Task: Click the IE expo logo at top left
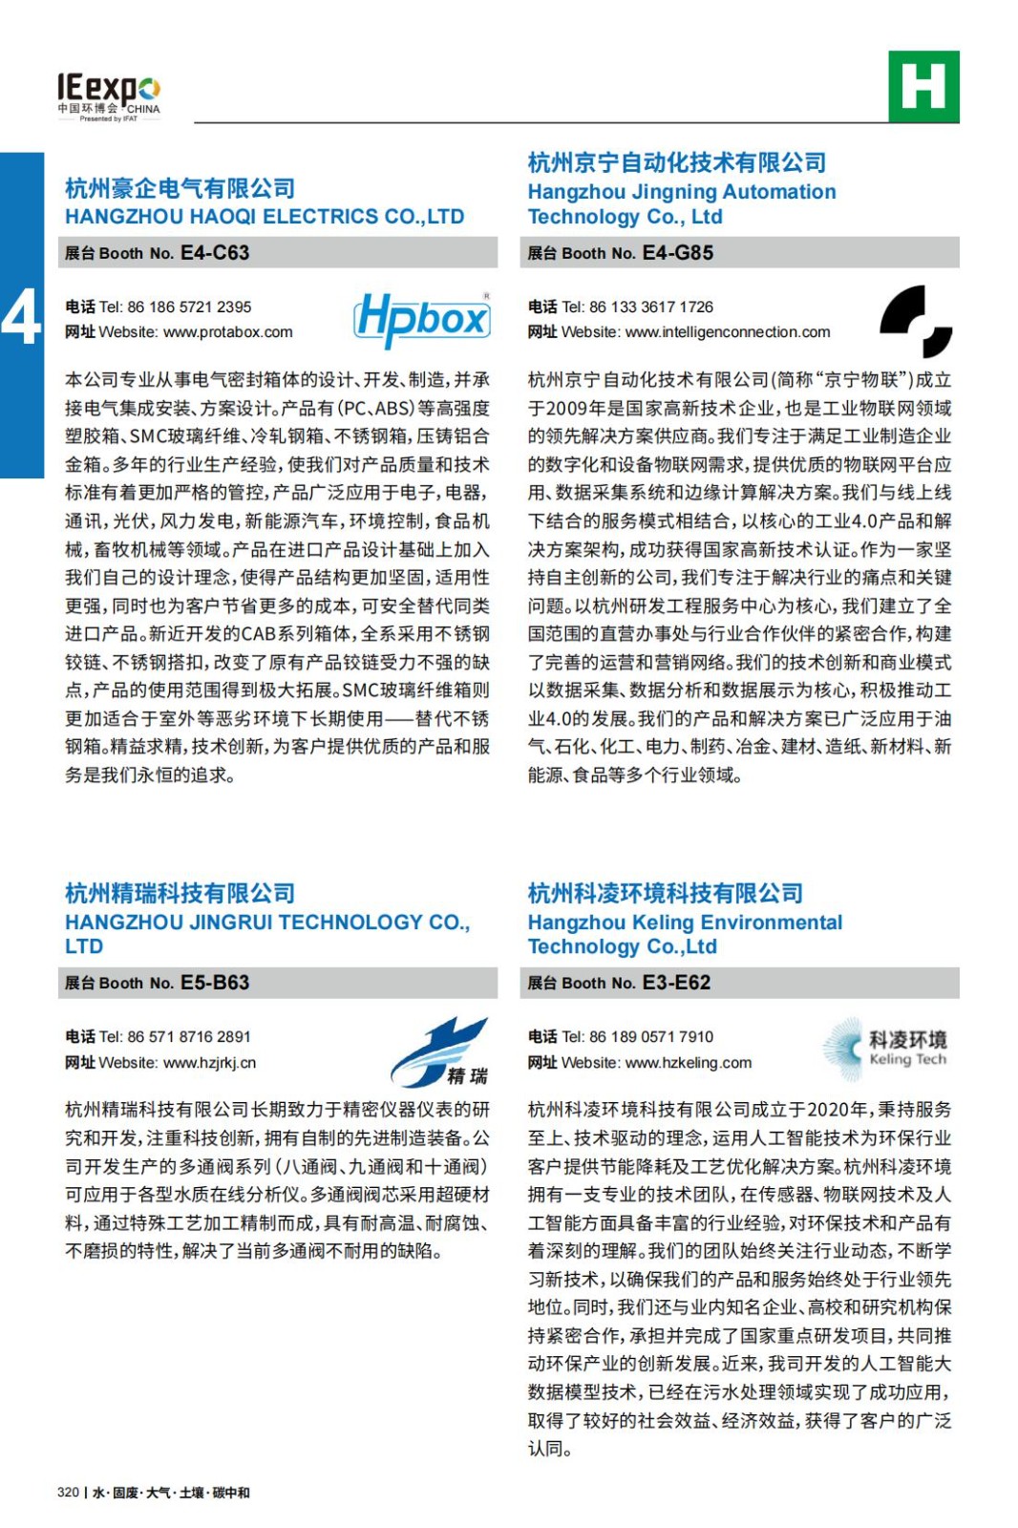[x=108, y=96]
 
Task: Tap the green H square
[x=923, y=86]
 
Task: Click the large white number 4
[x=21, y=316]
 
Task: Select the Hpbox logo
[x=422, y=319]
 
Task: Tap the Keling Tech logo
[x=884, y=1049]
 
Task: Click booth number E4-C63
[x=215, y=253]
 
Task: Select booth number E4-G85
[x=678, y=253]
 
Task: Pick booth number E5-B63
[x=215, y=983]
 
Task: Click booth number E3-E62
[x=676, y=983]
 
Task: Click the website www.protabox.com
[x=227, y=332]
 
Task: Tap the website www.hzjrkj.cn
[x=209, y=1063]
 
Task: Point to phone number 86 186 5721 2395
[x=189, y=308]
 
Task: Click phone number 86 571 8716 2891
[x=189, y=1037]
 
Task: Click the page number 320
[x=68, y=1493]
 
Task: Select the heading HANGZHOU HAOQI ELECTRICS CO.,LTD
[x=265, y=217]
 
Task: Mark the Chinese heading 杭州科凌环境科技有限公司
[x=665, y=893]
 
